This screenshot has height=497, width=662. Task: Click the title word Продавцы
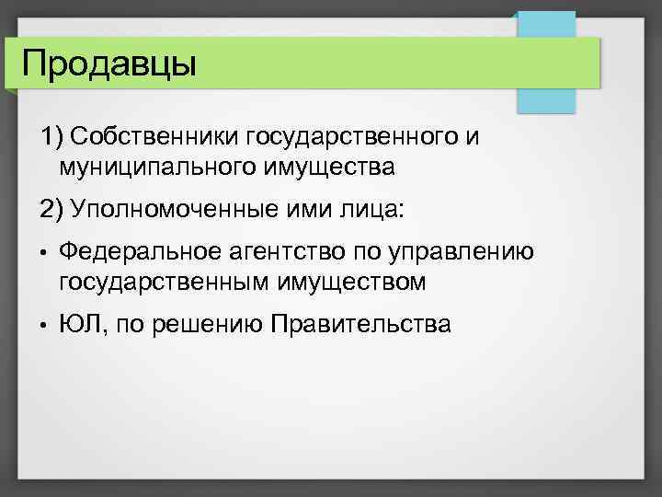tap(108, 64)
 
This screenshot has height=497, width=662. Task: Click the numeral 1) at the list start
tap(50, 137)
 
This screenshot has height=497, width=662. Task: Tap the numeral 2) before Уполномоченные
tap(51, 209)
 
